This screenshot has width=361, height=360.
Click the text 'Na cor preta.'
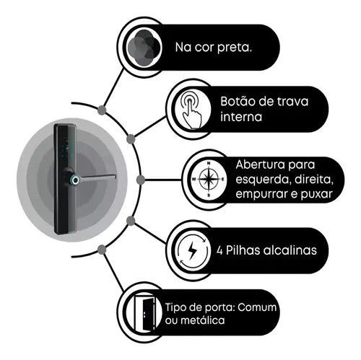[x=214, y=48]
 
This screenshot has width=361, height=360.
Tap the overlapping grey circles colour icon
[x=144, y=47]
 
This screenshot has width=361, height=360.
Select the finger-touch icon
[x=192, y=110]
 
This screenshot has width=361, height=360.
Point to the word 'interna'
[x=241, y=117]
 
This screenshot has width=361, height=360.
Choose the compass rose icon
[x=209, y=180]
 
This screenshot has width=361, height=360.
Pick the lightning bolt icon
[x=192, y=250]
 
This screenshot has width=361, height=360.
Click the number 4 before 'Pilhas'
[x=219, y=251]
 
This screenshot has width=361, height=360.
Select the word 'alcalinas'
[x=290, y=250]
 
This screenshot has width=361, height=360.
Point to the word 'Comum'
[x=257, y=307]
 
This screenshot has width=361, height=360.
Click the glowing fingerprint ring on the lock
[x=75, y=180]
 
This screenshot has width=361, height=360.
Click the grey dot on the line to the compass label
[x=141, y=180]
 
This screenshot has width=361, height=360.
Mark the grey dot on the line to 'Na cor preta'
[x=102, y=110]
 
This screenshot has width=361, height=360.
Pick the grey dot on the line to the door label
[x=102, y=250]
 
